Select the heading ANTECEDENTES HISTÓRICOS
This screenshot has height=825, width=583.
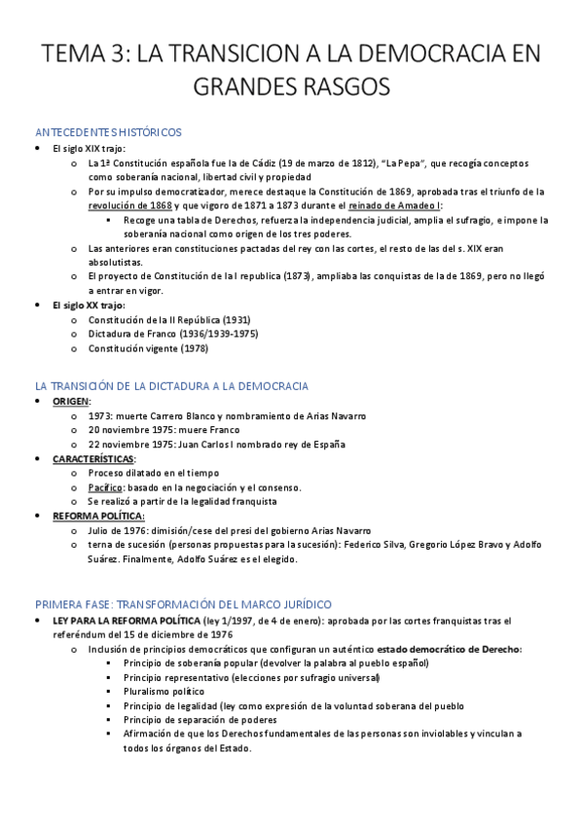click(x=107, y=132)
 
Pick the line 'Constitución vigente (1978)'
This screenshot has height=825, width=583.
click(x=148, y=348)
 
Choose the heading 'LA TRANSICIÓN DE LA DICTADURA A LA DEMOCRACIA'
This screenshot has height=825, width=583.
click(x=171, y=386)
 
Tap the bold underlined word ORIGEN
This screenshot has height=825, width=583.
click(x=71, y=401)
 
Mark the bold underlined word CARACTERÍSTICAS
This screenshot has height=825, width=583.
click(x=93, y=458)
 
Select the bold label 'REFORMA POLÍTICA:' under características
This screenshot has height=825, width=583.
click(x=98, y=516)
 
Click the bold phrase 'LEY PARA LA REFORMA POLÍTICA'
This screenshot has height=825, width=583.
click(x=126, y=620)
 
